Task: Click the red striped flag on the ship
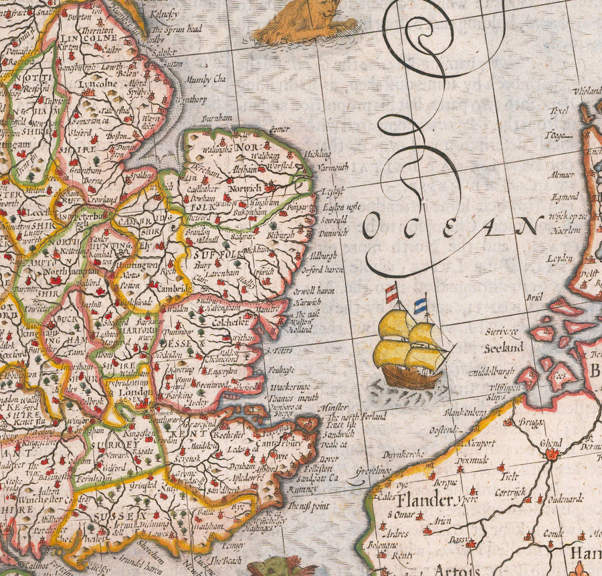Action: (391, 293)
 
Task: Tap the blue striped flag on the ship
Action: (420, 306)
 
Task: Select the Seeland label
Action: (504, 348)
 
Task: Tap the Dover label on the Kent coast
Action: (328, 459)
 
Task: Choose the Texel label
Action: (558, 112)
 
